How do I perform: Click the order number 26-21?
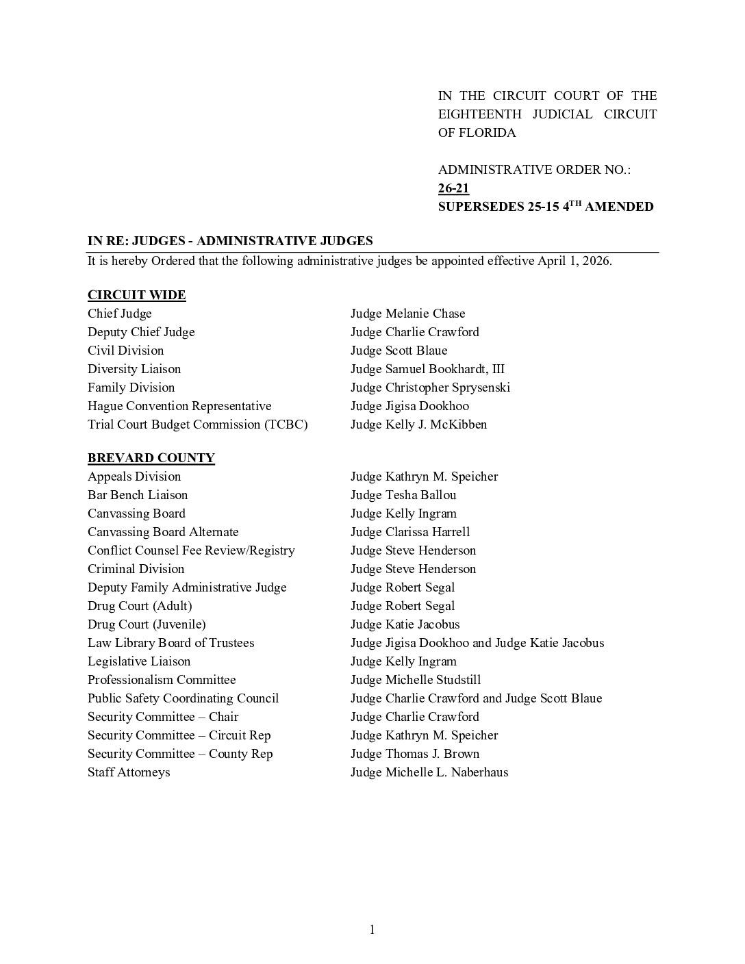coord(453,188)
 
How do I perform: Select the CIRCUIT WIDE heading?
coord(136,295)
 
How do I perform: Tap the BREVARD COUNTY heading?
coord(151,457)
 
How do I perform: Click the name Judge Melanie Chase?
coord(407,314)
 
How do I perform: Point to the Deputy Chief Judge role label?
coord(141,332)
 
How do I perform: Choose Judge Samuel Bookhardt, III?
coord(427,369)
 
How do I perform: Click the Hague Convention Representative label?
coord(179,406)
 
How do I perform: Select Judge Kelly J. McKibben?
coord(418,424)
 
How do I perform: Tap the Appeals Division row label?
coord(134,477)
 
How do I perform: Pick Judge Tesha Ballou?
coord(403,495)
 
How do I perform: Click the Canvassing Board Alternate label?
coord(163,532)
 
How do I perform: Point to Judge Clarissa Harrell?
coord(409,532)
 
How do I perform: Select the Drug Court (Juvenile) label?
coord(147,624)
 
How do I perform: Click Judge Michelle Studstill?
coord(415,680)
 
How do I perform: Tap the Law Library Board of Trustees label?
coord(171,643)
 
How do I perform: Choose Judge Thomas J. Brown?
coord(414,754)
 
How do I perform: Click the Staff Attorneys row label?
coord(129,772)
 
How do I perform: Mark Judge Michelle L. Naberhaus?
coord(429,772)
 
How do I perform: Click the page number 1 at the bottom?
coord(372,929)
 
